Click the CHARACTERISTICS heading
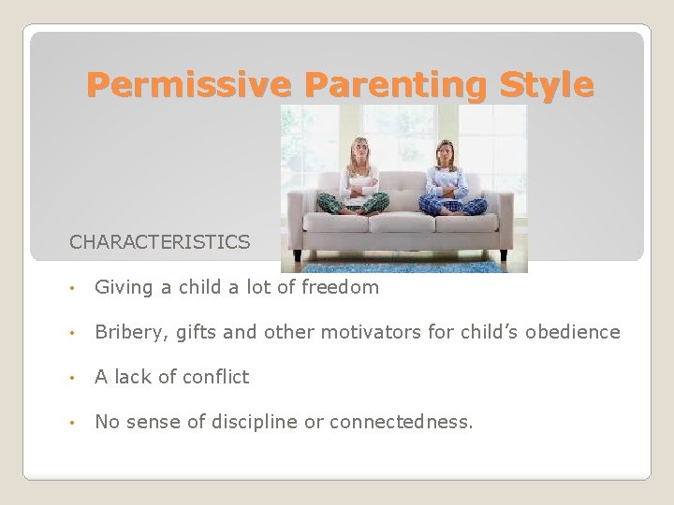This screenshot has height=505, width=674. pos(159,242)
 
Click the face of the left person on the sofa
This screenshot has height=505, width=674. pos(360,151)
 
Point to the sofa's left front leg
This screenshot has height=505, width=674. pos(299,253)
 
